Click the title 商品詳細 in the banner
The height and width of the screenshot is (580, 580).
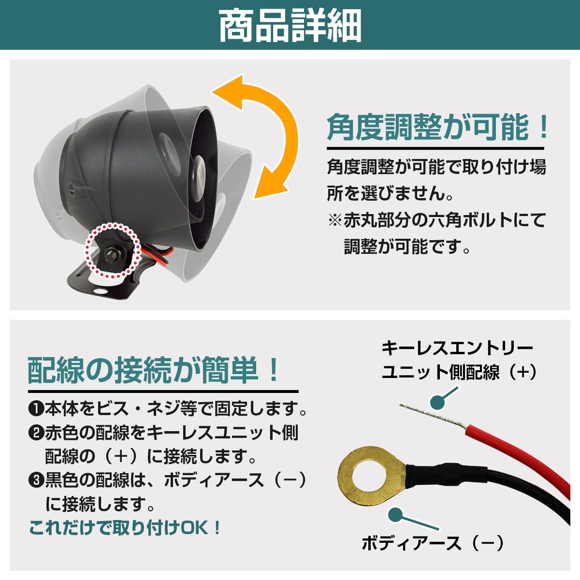coord(290,25)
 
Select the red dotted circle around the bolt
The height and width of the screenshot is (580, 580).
coord(112,250)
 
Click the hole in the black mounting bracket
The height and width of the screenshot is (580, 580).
coord(99,292)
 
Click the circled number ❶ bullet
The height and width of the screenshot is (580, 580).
coord(36,410)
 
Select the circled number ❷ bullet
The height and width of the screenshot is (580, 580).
coord(36,433)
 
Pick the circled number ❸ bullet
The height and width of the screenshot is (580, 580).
coord(36,481)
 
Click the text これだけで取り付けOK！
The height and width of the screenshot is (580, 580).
coord(125,527)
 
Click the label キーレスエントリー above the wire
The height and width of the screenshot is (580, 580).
coord(457,348)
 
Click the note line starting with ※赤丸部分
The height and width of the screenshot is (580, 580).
coord(437,220)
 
